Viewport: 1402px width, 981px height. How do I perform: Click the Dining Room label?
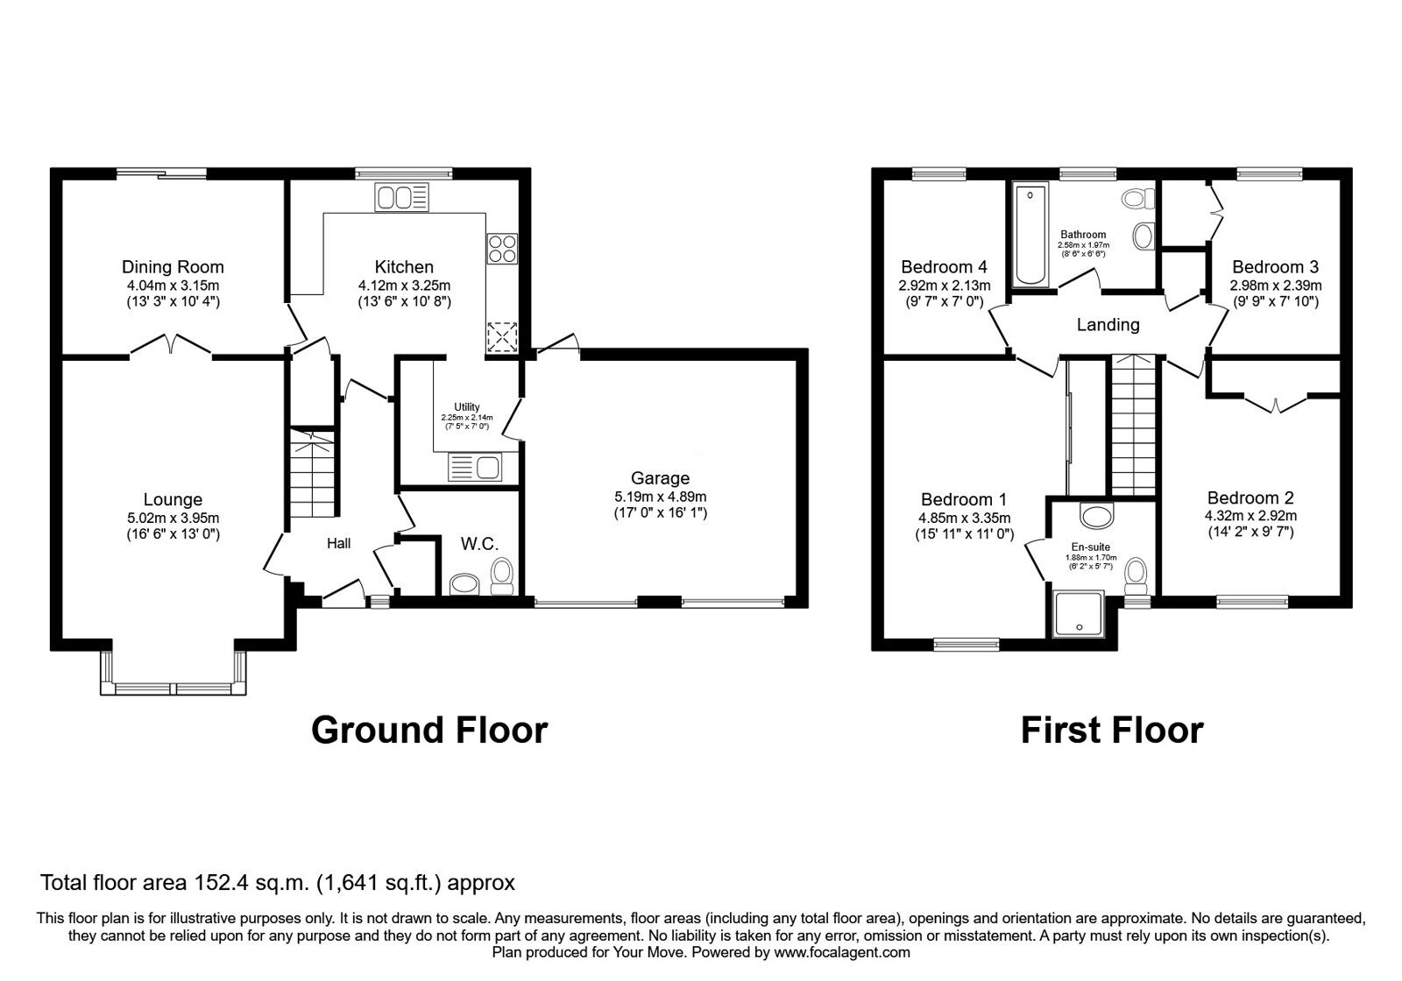(x=173, y=267)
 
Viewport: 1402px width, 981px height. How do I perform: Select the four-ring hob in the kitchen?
(x=502, y=248)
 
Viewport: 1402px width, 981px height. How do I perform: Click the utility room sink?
(x=473, y=467)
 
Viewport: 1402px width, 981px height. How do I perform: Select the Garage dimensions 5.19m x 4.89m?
(x=660, y=497)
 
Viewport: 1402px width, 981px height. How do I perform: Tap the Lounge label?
(x=173, y=500)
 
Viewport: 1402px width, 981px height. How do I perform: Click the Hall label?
(x=339, y=544)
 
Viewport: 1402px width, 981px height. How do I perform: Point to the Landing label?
(x=1108, y=325)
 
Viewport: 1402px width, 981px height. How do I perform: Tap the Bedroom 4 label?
(x=944, y=267)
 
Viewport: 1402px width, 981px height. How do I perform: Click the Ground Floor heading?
(x=429, y=730)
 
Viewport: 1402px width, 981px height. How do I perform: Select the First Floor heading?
(x=1111, y=730)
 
